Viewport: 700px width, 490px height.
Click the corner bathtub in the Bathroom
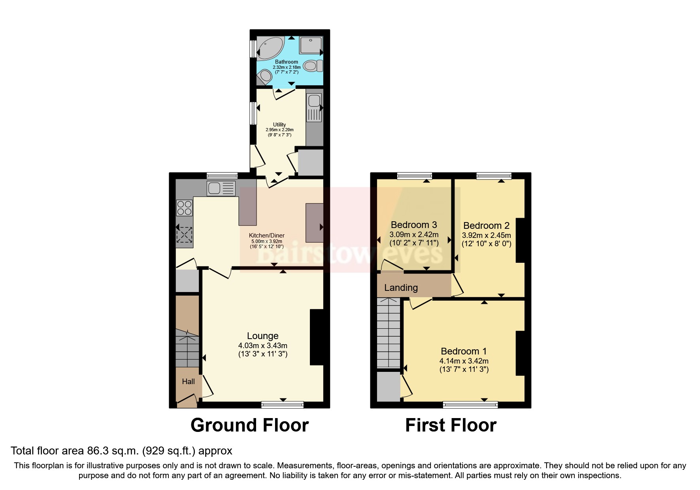pyautogui.click(x=269, y=48)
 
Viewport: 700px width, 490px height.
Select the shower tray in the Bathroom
pyautogui.click(x=311, y=45)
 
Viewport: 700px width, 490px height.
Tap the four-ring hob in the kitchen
pyautogui.click(x=184, y=208)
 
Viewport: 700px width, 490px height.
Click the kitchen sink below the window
pyautogui.click(x=221, y=188)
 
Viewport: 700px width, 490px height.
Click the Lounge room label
pyautogui.click(x=262, y=336)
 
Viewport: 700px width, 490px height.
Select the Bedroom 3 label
pyautogui.click(x=414, y=225)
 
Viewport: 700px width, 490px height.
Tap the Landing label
pyautogui.click(x=401, y=288)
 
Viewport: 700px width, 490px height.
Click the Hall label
pyautogui.click(x=188, y=381)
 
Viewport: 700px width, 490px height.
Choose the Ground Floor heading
pyautogui.click(x=249, y=425)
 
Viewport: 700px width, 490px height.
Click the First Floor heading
pyautogui.click(x=451, y=425)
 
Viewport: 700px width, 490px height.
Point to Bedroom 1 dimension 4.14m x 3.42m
pyautogui.click(x=464, y=361)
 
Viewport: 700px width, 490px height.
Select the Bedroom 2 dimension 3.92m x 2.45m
pyautogui.click(x=486, y=235)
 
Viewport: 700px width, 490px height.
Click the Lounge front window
pyautogui.click(x=282, y=404)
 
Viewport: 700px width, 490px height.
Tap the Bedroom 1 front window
pyautogui.click(x=470, y=404)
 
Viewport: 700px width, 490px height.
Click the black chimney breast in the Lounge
pyautogui.click(x=317, y=337)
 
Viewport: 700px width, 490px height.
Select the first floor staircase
pyautogui.click(x=389, y=334)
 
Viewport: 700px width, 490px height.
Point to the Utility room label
pyautogui.click(x=279, y=124)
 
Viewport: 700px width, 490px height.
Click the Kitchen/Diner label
pyautogui.click(x=266, y=236)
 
